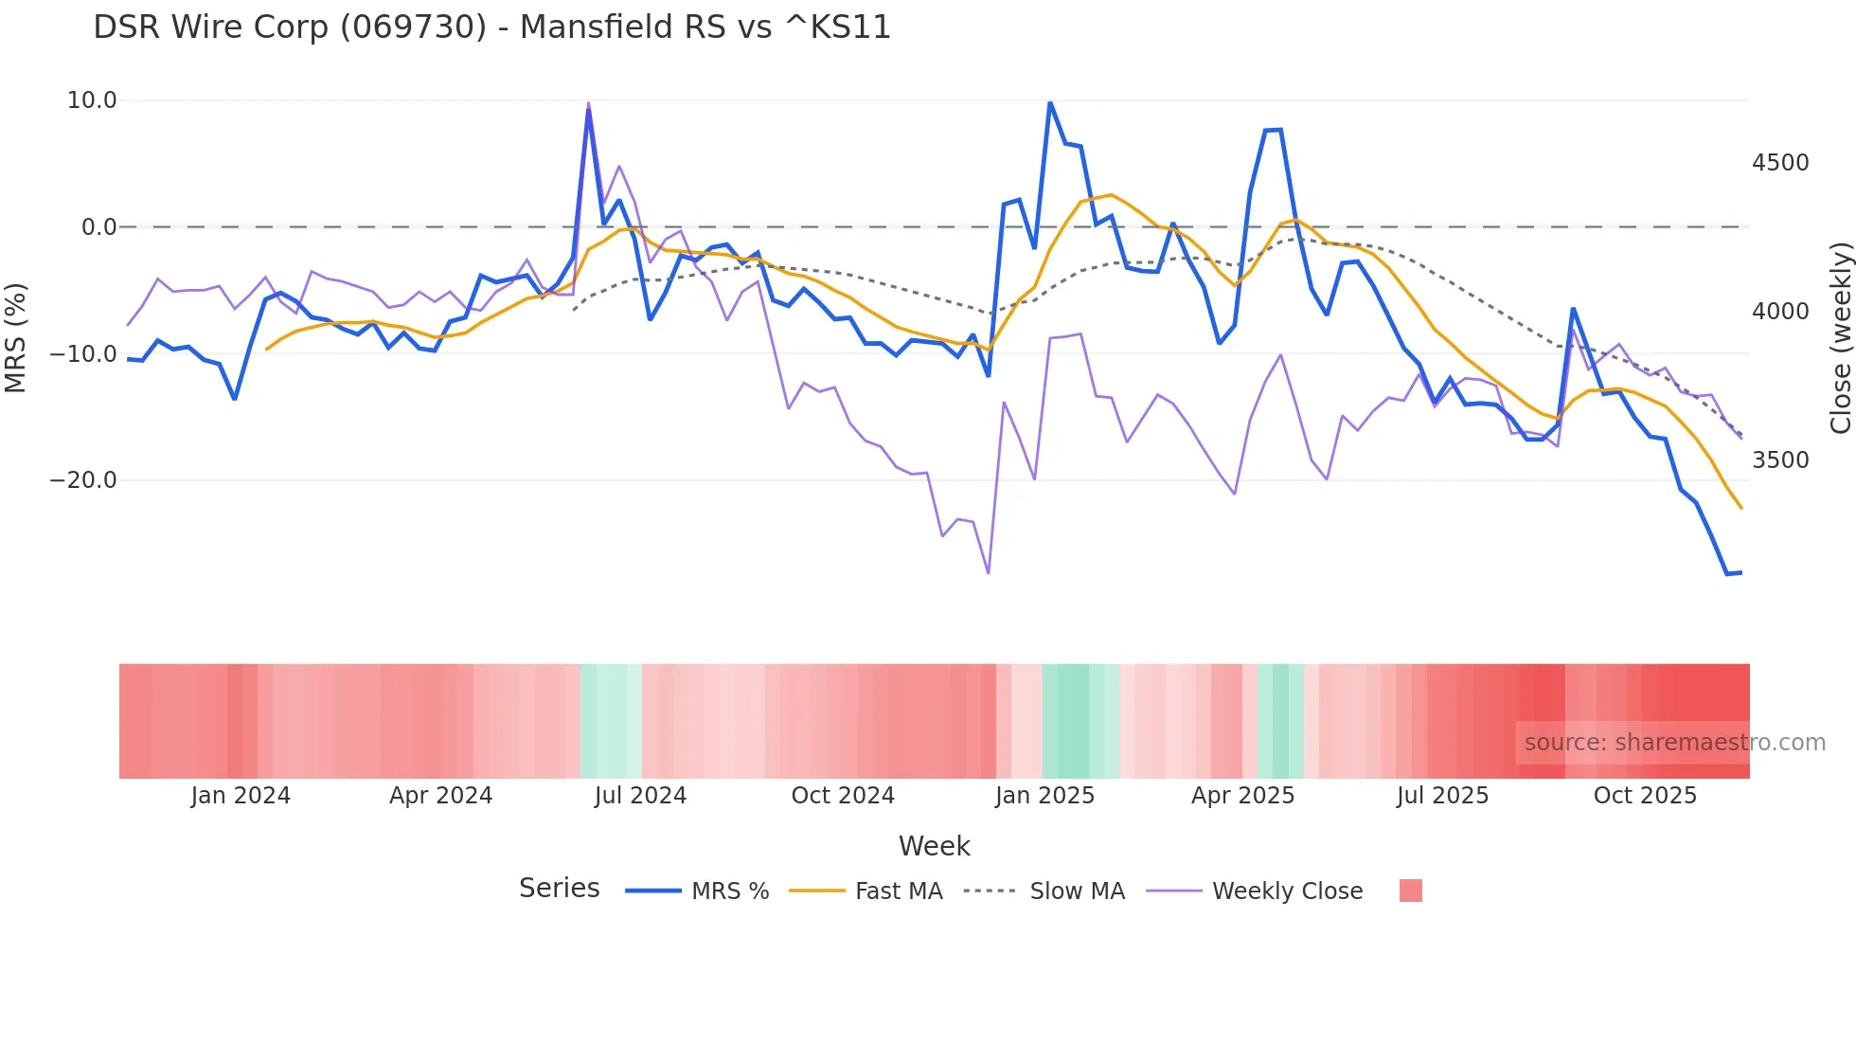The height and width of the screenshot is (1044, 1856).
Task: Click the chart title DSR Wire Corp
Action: [x=491, y=27]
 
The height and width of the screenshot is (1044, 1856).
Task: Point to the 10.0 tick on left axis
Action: [x=92, y=100]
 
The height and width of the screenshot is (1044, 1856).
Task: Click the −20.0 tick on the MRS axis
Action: [x=83, y=480]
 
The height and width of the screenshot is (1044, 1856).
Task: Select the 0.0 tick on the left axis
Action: [x=98, y=227]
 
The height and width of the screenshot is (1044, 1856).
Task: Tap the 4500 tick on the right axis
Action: [x=1780, y=163]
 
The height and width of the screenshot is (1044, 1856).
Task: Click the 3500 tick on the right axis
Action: [x=1780, y=460]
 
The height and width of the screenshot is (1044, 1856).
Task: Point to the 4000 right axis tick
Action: [x=1780, y=312]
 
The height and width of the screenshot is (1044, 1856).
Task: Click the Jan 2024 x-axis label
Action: [x=241, y=796]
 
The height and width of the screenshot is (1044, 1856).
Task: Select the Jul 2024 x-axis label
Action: [x=640, y=796]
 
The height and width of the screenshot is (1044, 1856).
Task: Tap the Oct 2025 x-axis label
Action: [x=1645, y=796]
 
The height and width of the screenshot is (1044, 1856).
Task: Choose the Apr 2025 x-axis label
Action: [x=1242, y=796]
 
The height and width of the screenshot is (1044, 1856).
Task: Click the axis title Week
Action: [x=934, y=846]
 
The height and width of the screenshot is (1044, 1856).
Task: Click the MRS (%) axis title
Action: [x=16, y=338]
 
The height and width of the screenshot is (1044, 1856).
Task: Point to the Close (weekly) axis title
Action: [x=1840, y=338]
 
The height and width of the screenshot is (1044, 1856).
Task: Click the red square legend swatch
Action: [x=1410, y=891]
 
